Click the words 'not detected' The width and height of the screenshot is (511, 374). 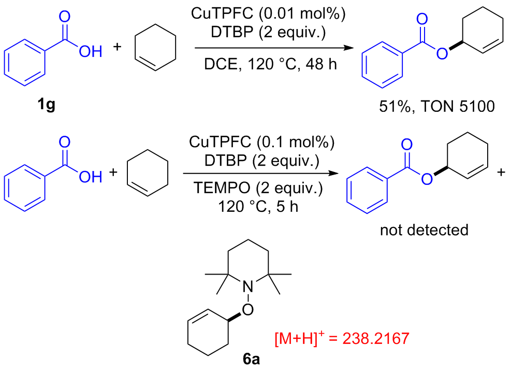(424, 229)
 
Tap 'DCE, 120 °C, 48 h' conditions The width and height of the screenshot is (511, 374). (272, 67)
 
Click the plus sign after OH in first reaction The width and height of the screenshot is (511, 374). (118, 48)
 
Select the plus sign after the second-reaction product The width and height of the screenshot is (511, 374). (501, 172)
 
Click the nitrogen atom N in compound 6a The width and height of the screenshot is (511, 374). (249, 284)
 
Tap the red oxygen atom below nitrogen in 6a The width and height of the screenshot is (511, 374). (249, 309)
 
